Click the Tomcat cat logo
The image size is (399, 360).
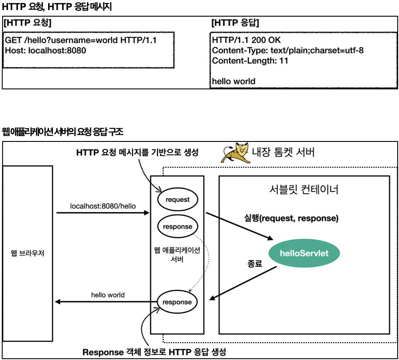(x=236, y=153)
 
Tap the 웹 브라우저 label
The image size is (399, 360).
(x=28, y=253)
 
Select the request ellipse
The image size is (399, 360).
(x=178, y=200)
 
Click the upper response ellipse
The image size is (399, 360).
(x=178, y=226)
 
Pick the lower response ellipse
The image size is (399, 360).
(x=177, y=302)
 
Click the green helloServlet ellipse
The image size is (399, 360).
(x=304, y=253)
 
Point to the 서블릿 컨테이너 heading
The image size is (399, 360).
(x=304, y=190)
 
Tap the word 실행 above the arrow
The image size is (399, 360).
(x=252, y=218)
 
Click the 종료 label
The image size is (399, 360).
(x=255, y=264)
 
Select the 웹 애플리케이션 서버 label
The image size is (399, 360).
(x=177, y=254)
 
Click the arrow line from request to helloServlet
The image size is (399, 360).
(x=238, y=226)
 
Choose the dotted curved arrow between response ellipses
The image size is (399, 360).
(x=205, y=263)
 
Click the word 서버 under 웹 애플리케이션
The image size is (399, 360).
(x=177, y=259)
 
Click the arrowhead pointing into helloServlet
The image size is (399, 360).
(x=269, y=238)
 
